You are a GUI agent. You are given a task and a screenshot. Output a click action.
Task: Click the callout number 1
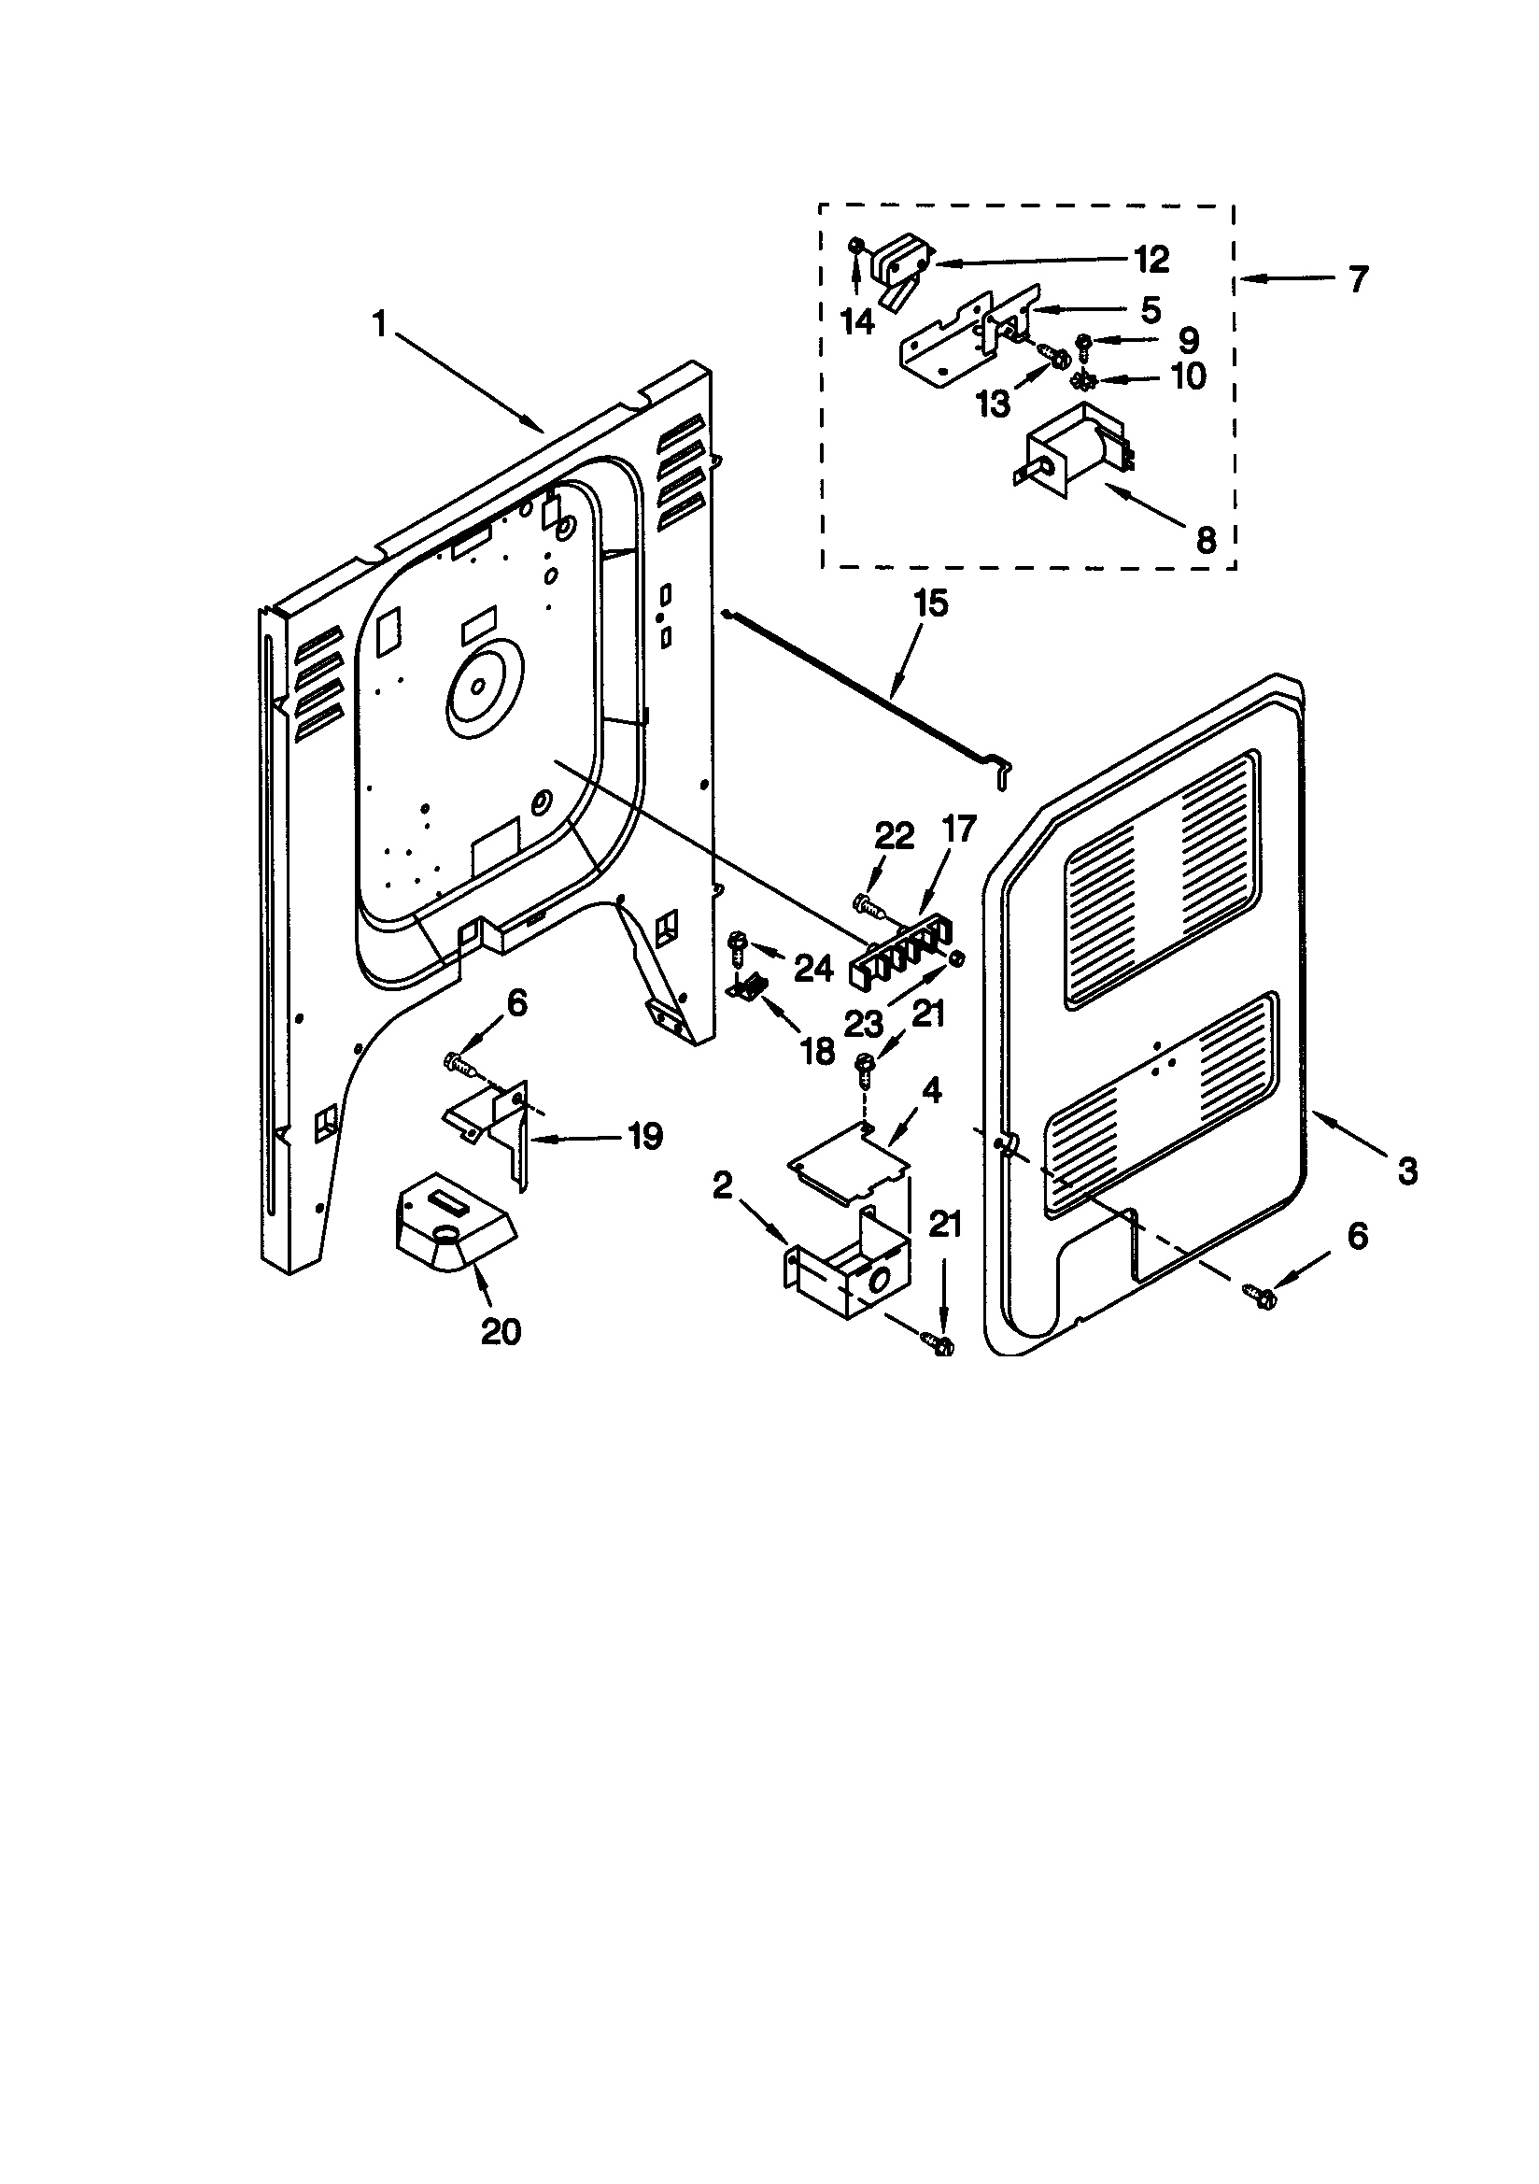point(380,325)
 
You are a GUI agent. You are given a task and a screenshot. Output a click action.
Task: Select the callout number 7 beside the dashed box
point(1358,279)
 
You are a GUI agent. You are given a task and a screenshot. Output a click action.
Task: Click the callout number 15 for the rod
point(930,604)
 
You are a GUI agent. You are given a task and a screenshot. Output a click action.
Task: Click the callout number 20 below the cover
point(501,1331)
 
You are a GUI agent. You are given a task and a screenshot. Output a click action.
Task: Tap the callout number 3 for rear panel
point(1407,1171)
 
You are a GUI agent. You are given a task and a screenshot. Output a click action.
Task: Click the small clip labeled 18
point(746,986)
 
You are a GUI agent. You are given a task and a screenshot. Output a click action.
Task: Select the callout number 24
point(813,969)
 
